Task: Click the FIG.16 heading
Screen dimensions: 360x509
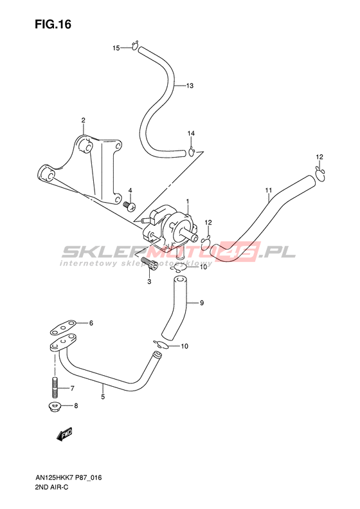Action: click(x=53, y=24)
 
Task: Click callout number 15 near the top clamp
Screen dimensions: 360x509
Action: click(x=116, y=48)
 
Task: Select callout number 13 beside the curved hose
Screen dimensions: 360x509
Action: click(x=190, y=86)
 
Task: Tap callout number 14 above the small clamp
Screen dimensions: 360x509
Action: click(x=191, y=133)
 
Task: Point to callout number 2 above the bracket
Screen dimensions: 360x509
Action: click(x=84, y=120)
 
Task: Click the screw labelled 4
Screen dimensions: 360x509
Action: click(x=130, y=205)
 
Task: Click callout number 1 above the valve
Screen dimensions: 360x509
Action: click(x=188, y=202)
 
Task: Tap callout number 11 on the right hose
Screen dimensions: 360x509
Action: click(x=269, y=190)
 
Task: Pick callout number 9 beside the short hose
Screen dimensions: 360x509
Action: click(x=202, y=303)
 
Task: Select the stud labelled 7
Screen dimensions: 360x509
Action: click(x=55, y=387)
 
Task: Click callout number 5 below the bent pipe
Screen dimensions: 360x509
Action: click(x=103, y=396)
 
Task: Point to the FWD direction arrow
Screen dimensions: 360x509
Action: click(x=64, y=434)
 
